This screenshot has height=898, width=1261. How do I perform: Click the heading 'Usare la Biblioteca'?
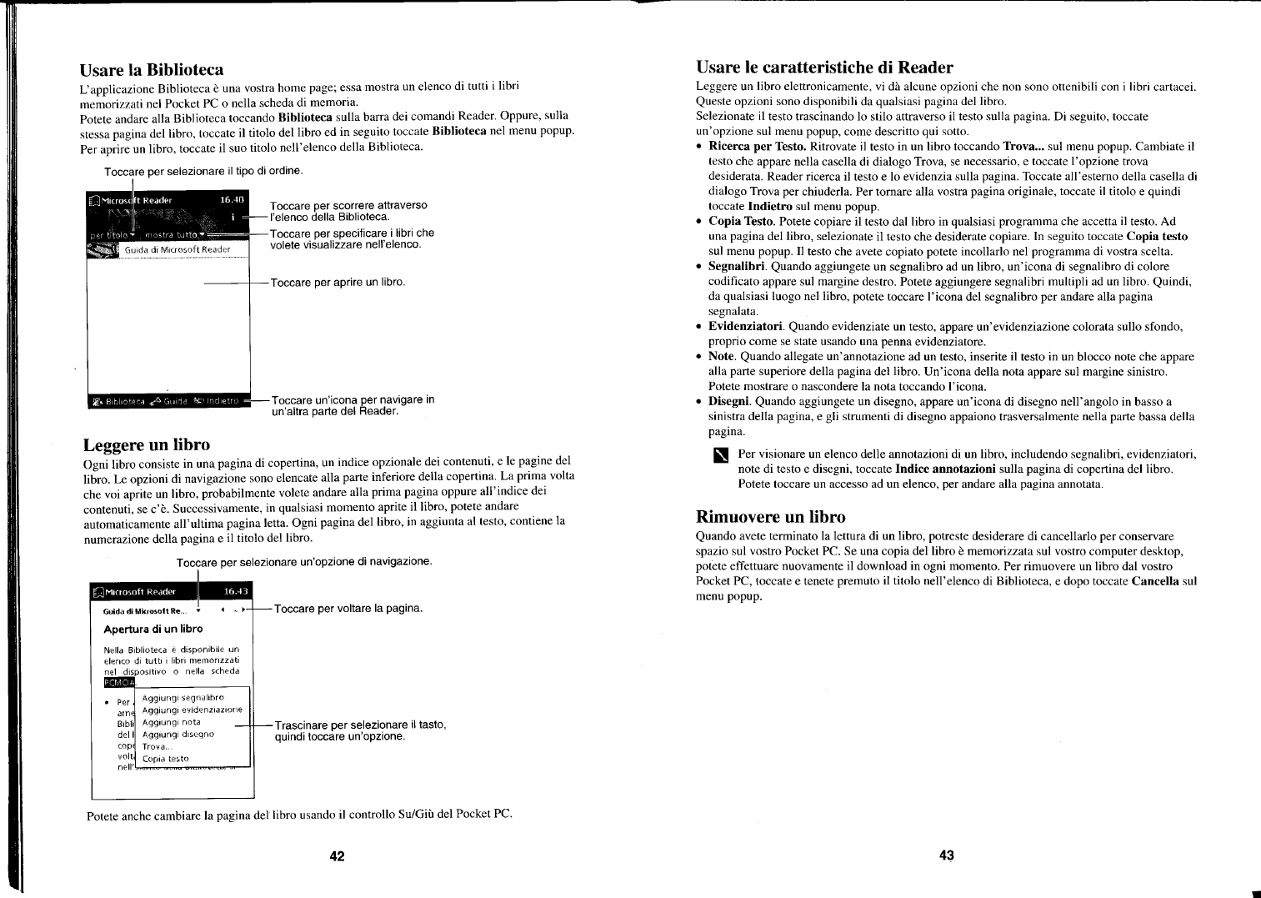tap(152, 69)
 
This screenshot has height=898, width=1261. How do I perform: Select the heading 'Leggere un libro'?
tap(147, 444)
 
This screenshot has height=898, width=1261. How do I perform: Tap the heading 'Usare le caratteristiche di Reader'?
tap(824, 67)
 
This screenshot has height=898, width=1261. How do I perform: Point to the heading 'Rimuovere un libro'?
tap(770, 517)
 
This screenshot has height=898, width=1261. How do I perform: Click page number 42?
tap(337, 855)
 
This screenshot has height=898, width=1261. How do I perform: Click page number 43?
tap(946, 855)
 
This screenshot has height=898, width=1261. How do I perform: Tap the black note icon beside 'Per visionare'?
tap(721, 455)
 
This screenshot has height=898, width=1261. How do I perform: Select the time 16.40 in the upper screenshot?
tap(232, 200)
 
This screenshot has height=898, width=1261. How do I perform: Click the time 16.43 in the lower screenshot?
tap(236, 592)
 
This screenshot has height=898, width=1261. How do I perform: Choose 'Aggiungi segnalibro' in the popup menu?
tap(183, 698)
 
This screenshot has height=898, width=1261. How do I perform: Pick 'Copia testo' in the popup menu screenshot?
tap(165, 759)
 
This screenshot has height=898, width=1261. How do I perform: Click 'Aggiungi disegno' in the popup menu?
tap(178, 735)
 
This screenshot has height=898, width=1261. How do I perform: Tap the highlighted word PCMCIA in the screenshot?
tap(119, 683)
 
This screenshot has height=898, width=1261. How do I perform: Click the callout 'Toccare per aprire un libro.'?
tap(338, 283)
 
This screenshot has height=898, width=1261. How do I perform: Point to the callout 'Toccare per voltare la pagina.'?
tap(348, 609)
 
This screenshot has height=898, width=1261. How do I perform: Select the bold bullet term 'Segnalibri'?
tap(737, 267)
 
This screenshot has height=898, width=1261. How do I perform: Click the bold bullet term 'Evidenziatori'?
tap(745, 327)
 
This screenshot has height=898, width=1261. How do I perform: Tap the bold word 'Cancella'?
tap(1155, 581)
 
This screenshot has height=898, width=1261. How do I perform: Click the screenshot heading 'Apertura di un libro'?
tap(153, 630)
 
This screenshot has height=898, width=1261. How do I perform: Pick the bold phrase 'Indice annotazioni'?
tap(945, 469)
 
